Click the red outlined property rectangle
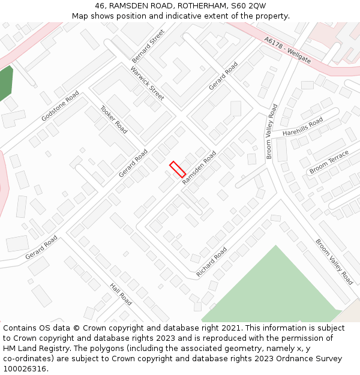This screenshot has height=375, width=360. (178, 169)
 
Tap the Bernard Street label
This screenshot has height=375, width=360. (148, 46)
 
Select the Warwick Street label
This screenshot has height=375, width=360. (147, 83)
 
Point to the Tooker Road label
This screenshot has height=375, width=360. (113, 119)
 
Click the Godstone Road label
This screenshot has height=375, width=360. (60, 106)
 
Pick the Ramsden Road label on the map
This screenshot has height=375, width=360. (199, 167)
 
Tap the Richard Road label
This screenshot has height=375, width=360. (212, 262)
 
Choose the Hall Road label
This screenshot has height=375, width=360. (121, 294)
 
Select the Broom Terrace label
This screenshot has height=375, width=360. (329, 163)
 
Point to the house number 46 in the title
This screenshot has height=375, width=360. (100, 5)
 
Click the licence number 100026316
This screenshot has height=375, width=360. (25, 369)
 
